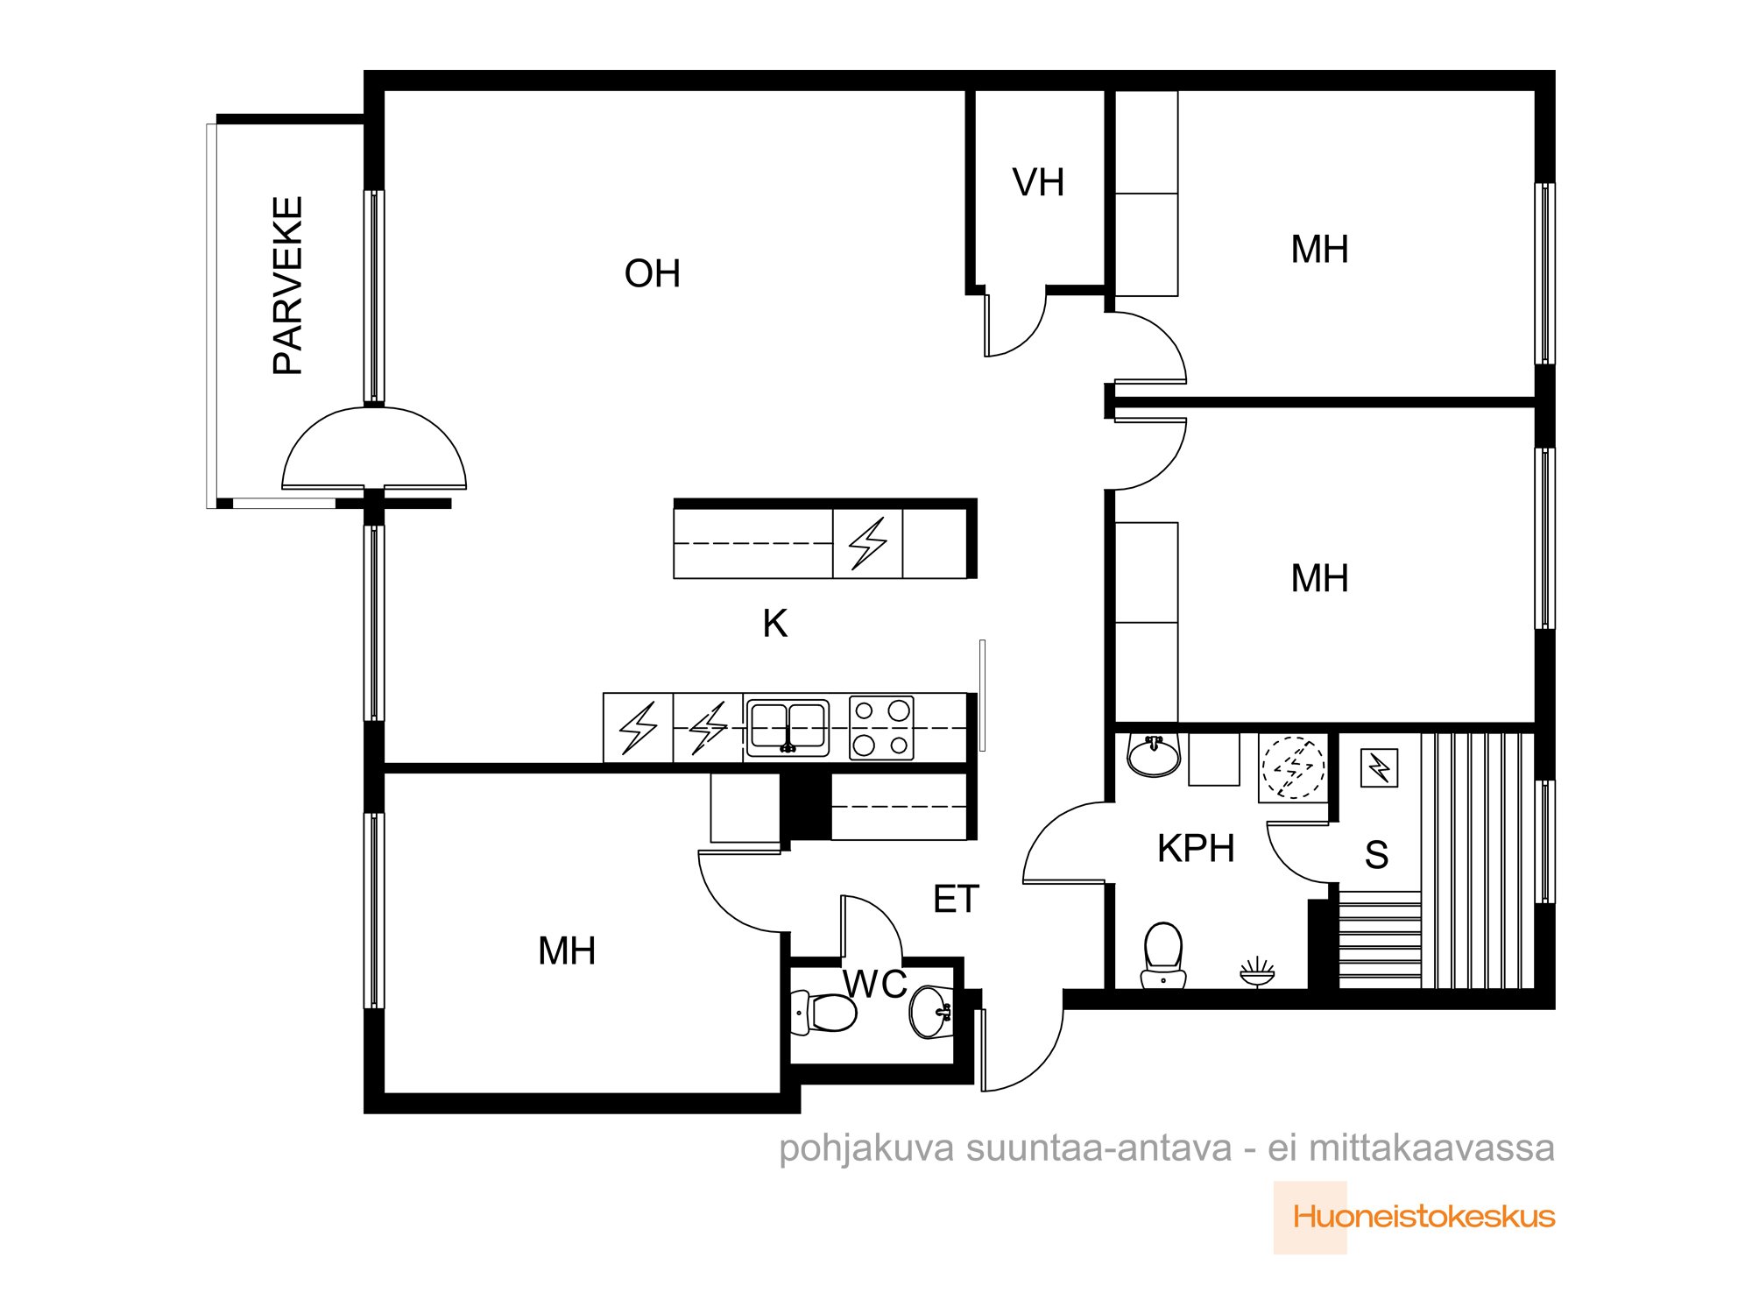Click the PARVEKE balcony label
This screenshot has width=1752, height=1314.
[x=288, y=286]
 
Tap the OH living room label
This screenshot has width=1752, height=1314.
[x=653, y=274]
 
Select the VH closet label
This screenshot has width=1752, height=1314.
[x=1038, y=182]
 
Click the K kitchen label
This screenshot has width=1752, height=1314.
[x=775, y=624]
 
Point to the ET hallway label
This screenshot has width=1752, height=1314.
[x=956, y=900]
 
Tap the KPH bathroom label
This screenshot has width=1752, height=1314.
[x=1196, y=848]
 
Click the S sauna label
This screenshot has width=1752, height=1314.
[x=1376, y=855]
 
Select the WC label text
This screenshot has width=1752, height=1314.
[x=875, y=985]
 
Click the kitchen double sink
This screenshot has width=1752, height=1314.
[x=788, y=728]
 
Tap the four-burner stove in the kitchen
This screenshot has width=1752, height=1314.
[x=881, y=728]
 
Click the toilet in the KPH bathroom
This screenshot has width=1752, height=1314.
[x=1163, y=955]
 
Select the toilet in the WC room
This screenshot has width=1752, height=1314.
[x=823, y=1013]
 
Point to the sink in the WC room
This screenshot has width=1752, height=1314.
[x=931, y=1012]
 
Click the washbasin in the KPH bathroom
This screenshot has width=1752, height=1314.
[x=1154, y=755]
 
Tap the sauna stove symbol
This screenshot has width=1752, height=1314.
[x=1379, y=768]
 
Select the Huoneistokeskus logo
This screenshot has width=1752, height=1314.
[x=1415, y=1217]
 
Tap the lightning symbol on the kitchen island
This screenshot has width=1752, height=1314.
[x=868, y=543]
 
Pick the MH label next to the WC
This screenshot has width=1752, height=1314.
[x=567, y=951]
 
